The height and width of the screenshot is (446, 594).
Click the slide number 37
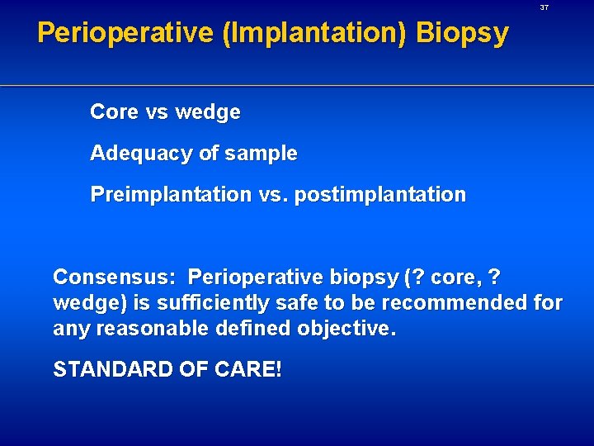click(x=544, y=7)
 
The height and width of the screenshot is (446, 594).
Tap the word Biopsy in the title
click(x=462, y=33)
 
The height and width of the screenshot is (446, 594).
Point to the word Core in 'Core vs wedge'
click(x=114, y=112)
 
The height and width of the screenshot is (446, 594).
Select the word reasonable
click(x=149, y=329)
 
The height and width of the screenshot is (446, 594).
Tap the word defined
click(x=247, y=329)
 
